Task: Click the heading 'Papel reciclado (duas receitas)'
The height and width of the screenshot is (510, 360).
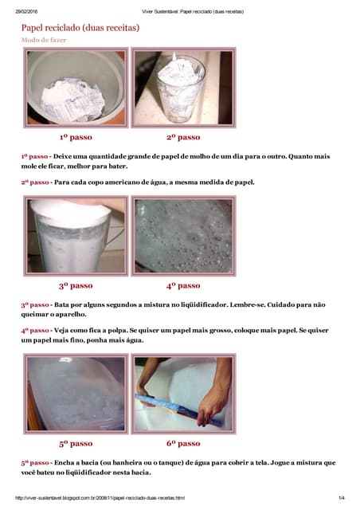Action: point(80,27)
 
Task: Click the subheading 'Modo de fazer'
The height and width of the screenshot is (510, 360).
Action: point(44,39)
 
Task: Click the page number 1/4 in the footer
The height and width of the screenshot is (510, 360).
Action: point(340,498)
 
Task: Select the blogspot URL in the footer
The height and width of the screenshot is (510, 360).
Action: point(100,498)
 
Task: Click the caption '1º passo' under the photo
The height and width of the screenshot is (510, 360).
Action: point(76,137)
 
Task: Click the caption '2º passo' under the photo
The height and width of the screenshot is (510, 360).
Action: point(182,137)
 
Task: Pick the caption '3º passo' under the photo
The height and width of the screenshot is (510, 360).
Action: point(76,285)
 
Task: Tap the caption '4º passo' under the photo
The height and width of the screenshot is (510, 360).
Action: point(182,285)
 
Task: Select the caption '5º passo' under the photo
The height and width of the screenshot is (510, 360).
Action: point(76,444)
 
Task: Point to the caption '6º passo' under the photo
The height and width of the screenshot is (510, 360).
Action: point(182,444)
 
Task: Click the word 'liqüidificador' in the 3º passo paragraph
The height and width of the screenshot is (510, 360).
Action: point(202,304)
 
